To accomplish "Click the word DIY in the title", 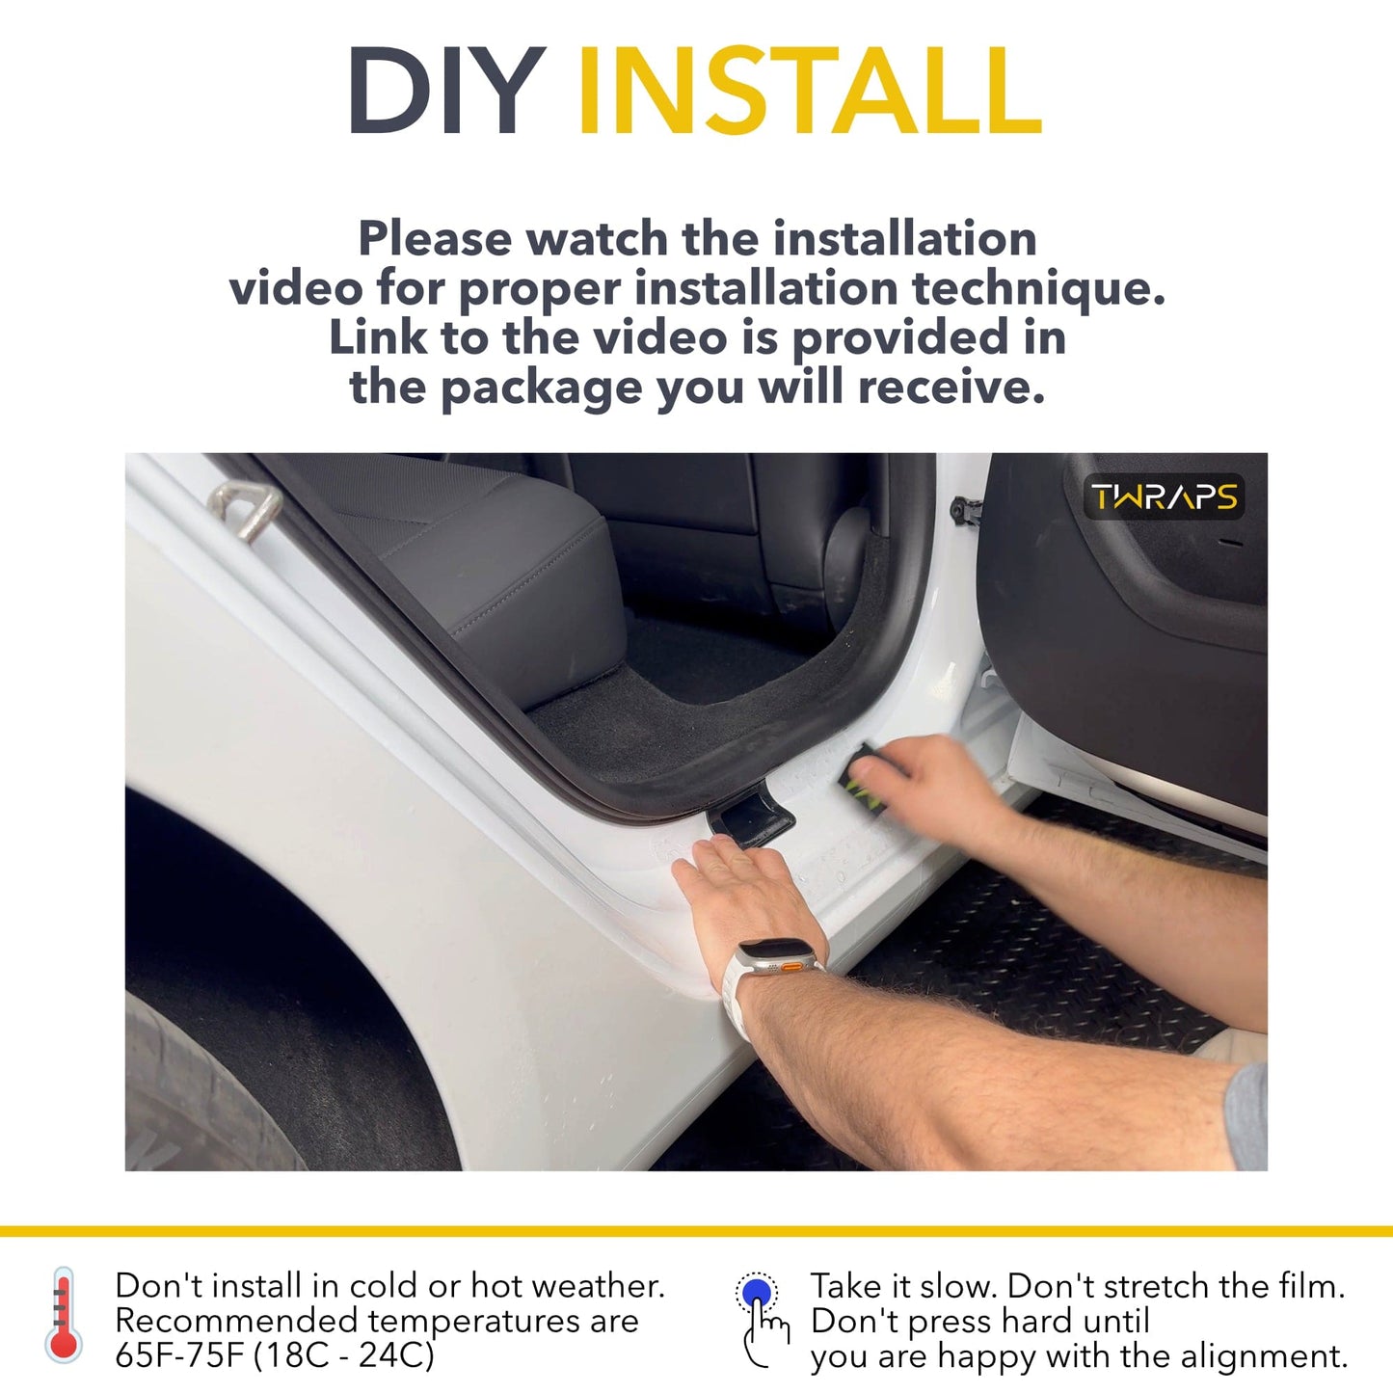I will (x=446, y=92).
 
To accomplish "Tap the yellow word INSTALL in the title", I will (x=809, y=92).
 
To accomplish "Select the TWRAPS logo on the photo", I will (x=1164, y=497).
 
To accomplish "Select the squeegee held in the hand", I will (x=863, y=776).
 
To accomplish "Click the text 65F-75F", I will (x=179, y=1354).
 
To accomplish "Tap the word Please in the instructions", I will (x=434, y=238).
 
